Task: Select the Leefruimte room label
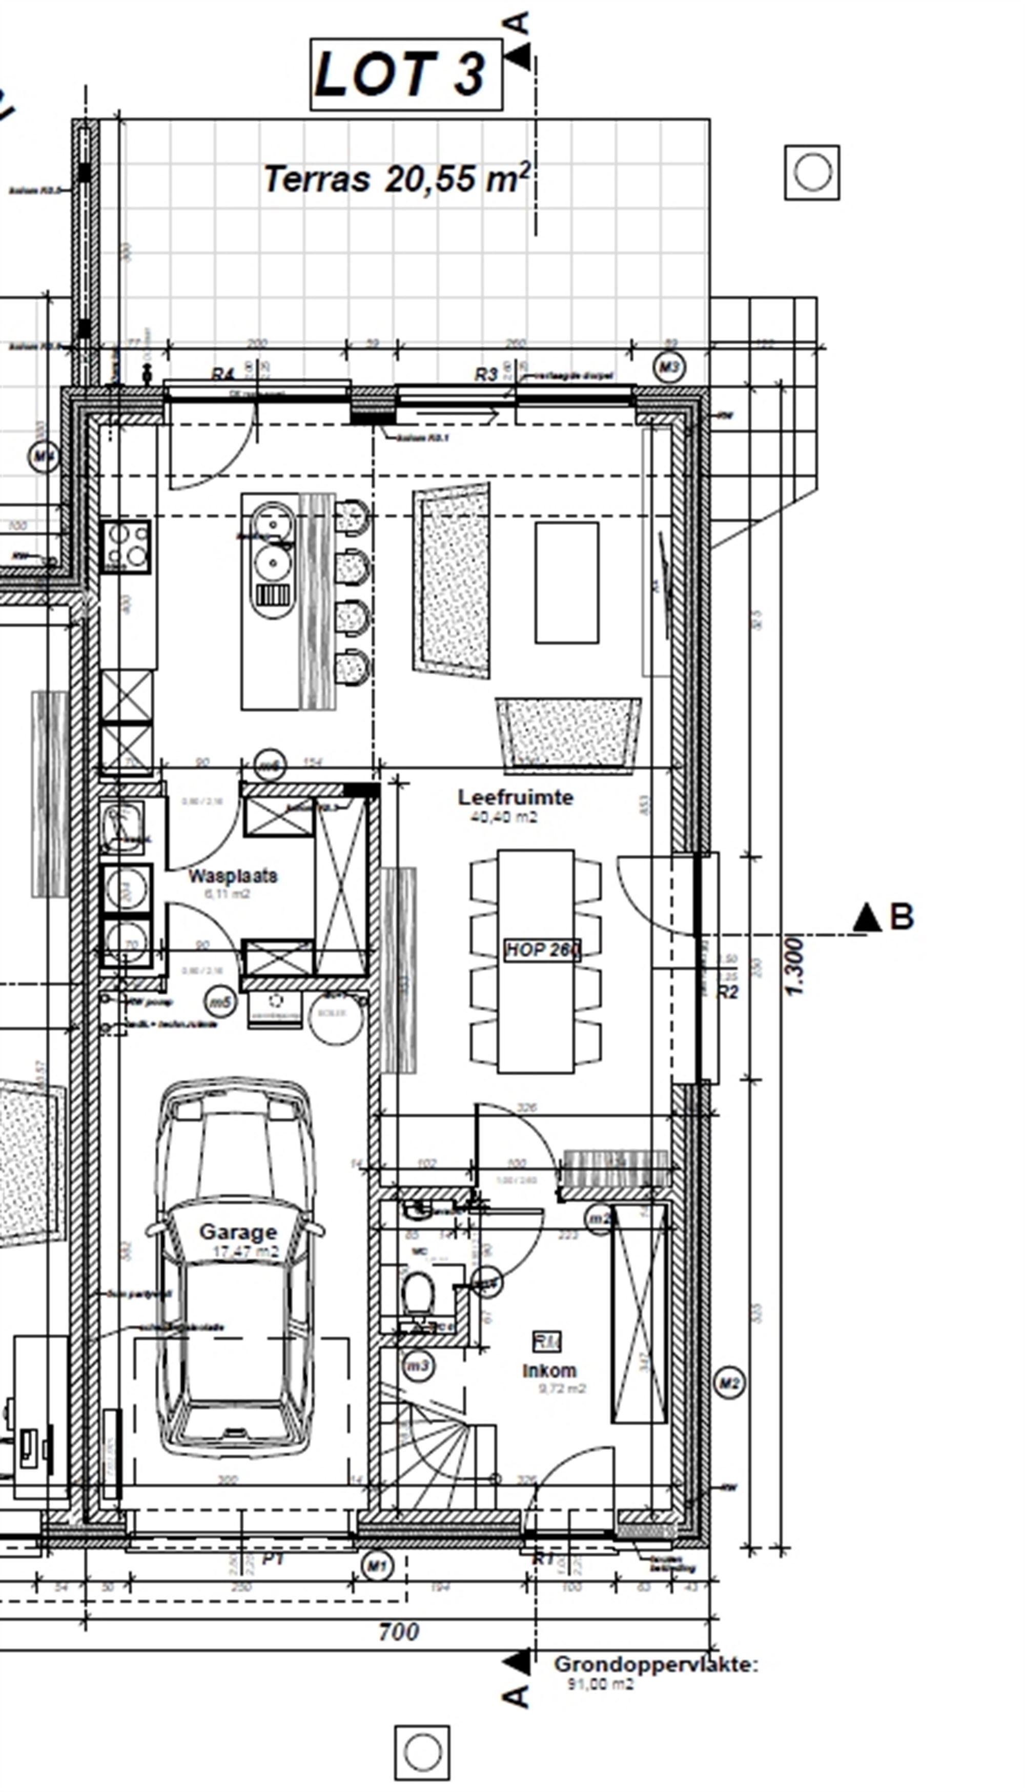(515, 797)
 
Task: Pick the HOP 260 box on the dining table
(542, 950)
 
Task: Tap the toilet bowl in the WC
(418, 1294)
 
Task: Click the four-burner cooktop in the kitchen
(126, 547)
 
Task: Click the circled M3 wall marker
(669, 367)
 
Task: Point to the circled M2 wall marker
(729, 1383)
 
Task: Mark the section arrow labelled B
(883, 917)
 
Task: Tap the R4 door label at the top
(222, 374)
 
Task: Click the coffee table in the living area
(567, 582)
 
